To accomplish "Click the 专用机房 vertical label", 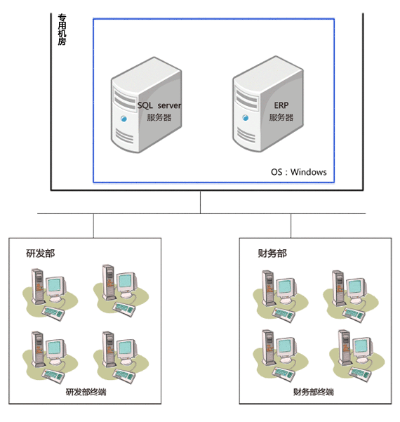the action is click(x=62, y=29).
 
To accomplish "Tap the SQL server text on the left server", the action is click(x=159, y=105).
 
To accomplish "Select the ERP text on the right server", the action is click(x=281, y=105).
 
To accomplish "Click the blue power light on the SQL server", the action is click(x=124, y=119).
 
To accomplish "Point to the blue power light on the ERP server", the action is click(x=246, y=117).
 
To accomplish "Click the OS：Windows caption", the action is click(x=298, y=172).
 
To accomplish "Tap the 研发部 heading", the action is click(x=40, y=253).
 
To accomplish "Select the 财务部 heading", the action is click(x=272, y=253).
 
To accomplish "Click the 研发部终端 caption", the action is click(x=86, y=392).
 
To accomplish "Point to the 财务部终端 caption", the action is click(x=314, y=392).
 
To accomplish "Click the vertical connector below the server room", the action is click(x=200, y=202).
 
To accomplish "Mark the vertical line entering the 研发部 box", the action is click(x=93, y=226).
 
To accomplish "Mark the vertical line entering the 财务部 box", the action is click(x=291, y=226).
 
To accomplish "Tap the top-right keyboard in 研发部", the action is click(x=124, y=309).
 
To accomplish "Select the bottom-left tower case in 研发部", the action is click(x=38, y=349).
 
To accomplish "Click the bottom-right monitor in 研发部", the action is click(x=127, y=350).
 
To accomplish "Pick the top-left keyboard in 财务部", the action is click(x=284, y=315).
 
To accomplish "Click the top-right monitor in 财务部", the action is click(x=356, y=288).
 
